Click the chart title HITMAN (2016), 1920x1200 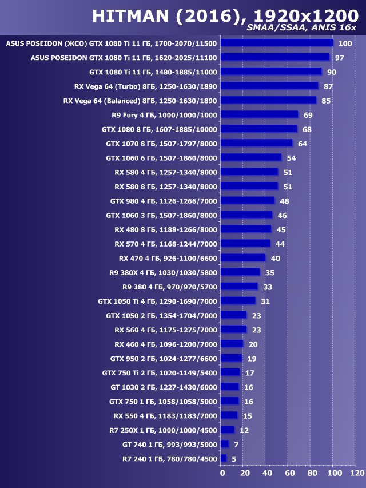click(x=224, y=15)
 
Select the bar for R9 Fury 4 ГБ click(x=259, y=114)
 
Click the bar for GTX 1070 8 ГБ click(x=256, y=143)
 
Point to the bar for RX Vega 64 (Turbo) click(x=269, y=86)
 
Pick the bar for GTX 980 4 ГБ click(x=247, y=201)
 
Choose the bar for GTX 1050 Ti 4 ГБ click(x=238, y=301)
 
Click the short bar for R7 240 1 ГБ click(x=224, y=458)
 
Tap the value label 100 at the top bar click(x=345, y=43)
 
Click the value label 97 click(x=340, y=58)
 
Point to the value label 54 click(x=291, y=158)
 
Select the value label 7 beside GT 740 click(x=236, y=445)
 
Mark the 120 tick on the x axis click(x=356, y=473)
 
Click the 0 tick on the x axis click(x=222, y=473)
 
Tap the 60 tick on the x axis click(x=289, y=473)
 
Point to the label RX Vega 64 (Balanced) click(x=140, y=100)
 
